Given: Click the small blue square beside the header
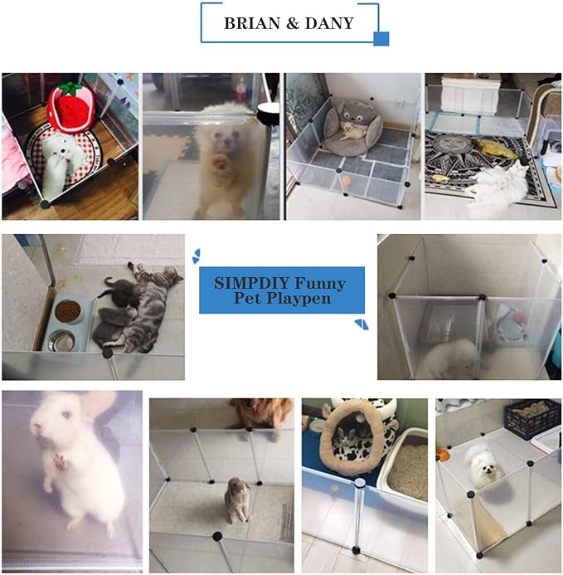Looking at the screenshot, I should pyautogui.click(x=381, y=38).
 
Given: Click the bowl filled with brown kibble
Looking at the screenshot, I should pyautogui.click(x=67, y=311).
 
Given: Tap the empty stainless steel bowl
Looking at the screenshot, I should pyautogui.click(x=61, y=340).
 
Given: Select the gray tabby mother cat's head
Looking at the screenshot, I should pyautogui.click(x=170, y=275).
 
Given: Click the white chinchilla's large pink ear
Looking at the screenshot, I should pyautogui.click(x=99, y=407).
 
